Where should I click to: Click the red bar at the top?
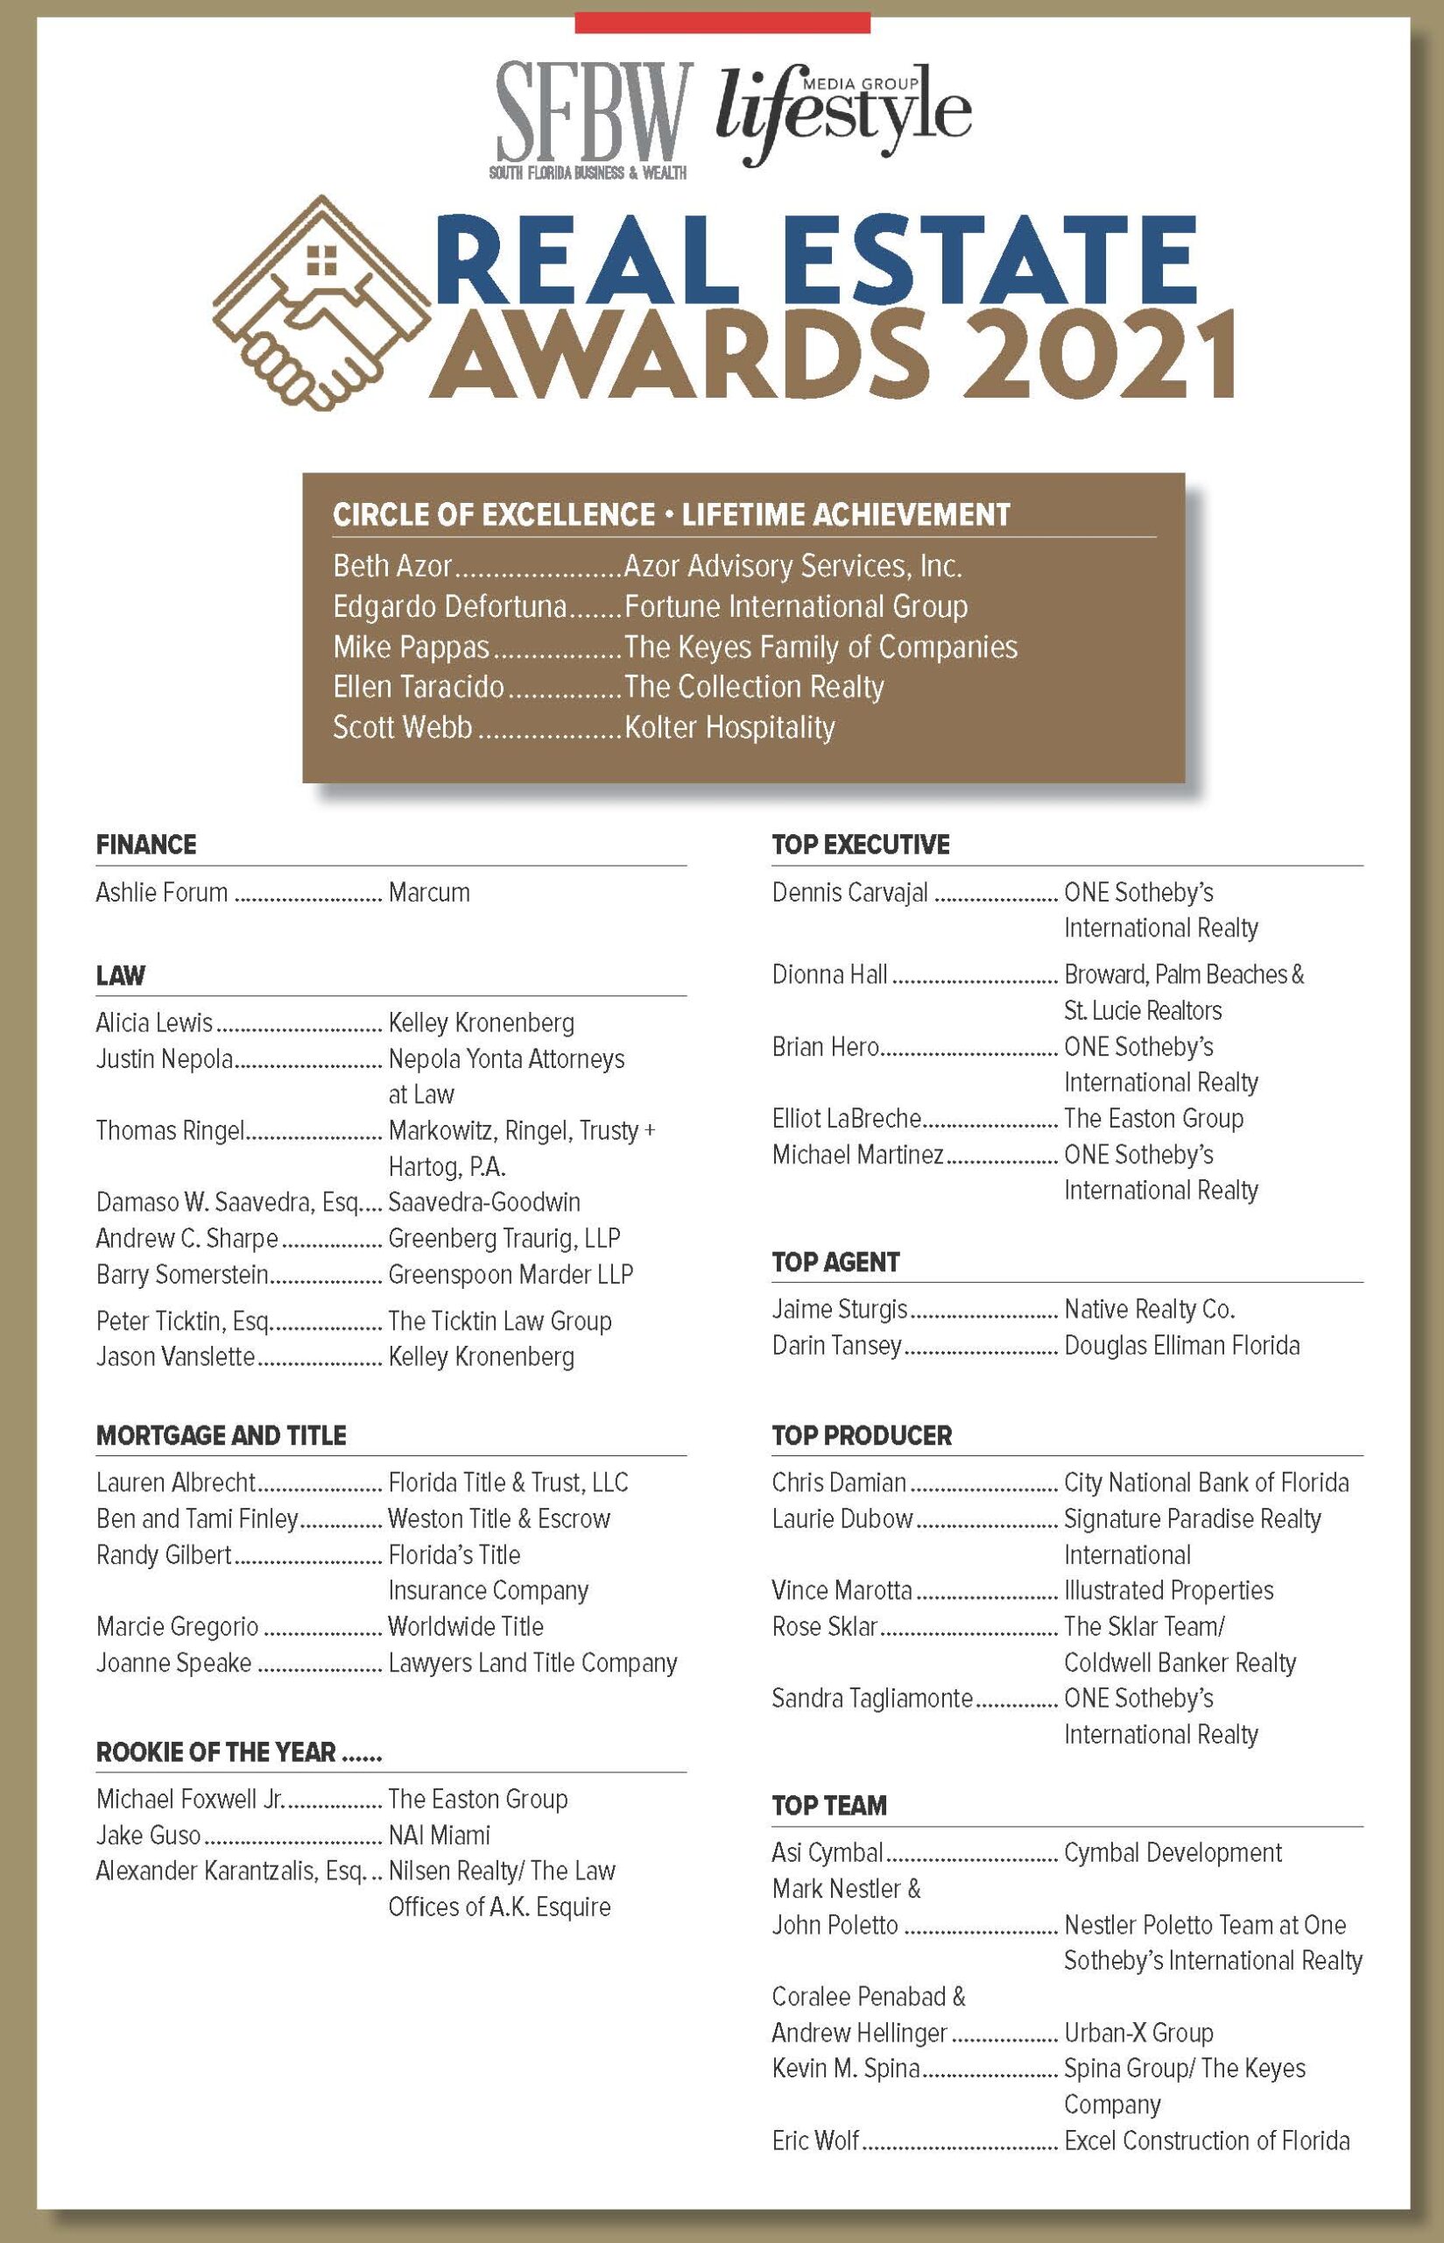(722, 23)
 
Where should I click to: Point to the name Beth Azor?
(393, 567)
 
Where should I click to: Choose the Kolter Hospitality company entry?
(729, 728)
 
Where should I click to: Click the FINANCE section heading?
(146, 845)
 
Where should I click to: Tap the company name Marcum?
(428, 892)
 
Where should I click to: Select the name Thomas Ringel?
(170, 1130)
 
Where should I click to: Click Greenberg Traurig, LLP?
(504, 1238)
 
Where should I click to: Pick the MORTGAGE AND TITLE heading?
(222, 1435)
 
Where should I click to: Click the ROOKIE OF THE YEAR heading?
(215, 1752)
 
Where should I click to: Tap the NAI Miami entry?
(439, 1835)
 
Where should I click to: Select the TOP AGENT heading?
(835, 1263)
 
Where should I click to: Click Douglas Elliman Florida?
(1181, 1345)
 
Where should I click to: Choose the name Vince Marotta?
(841, 1590)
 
